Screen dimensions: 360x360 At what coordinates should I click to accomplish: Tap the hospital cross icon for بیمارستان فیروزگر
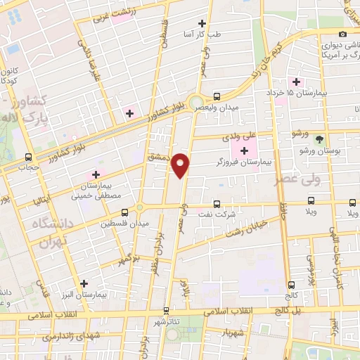(245, 150)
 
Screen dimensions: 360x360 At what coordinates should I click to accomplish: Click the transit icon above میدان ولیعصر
(216, 96)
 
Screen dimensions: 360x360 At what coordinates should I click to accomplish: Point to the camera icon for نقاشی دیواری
(342, 34)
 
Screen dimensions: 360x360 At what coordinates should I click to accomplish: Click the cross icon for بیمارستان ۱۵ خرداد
(297, 82)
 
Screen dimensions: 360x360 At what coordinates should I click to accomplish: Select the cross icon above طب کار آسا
(202, 23)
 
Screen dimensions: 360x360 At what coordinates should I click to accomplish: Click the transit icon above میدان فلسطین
(124, 212)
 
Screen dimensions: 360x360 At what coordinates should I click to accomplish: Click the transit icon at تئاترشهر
(166, 310)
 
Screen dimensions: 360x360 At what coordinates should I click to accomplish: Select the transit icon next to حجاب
(29, 157)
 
